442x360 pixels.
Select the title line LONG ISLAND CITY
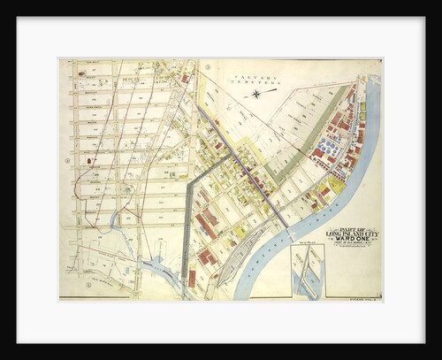(351, 234)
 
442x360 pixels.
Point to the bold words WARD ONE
(351, 243)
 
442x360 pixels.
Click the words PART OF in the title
(351, 227)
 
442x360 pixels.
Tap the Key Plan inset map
(307, 271)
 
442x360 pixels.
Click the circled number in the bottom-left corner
(88, 285)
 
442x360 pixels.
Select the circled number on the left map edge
(67, 160)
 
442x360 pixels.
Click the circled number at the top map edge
(207, 66)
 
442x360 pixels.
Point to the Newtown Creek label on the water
(271, 248)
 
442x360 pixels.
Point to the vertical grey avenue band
(186, 230)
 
